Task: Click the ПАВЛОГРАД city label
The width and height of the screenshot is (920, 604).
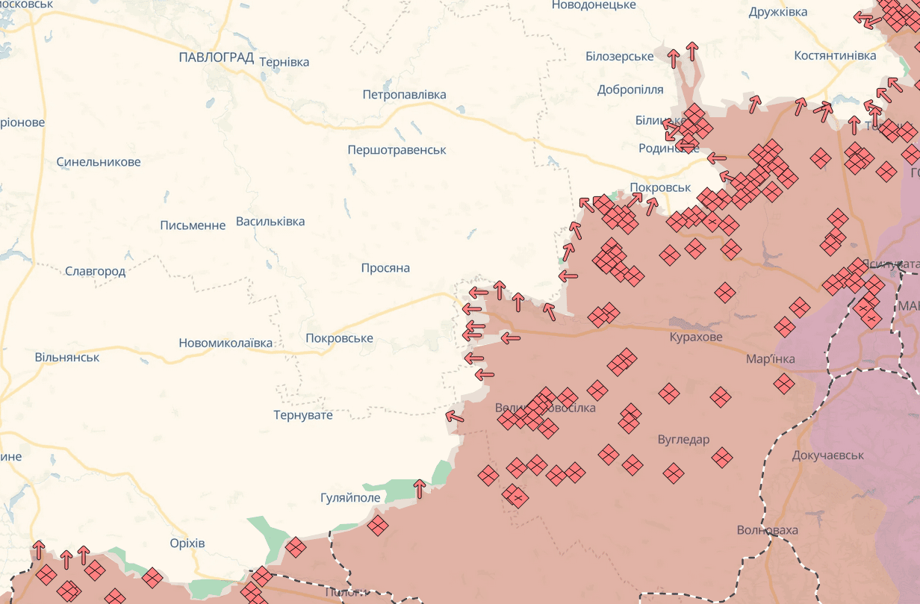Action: [x=217, y=57]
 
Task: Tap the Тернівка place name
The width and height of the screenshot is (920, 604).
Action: [x=284, y=62]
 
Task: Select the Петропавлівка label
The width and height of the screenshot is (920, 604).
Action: [x=404, y=95]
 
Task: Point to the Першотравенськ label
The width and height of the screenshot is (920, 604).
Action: [x=397, y=150]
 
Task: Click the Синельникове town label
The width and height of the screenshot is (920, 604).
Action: [x=99, y=162]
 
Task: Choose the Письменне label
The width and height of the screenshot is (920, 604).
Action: [x=193, y=225]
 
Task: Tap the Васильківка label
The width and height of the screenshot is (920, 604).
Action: [x=270, y=222]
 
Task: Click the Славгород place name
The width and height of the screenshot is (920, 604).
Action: [x=95, y=272]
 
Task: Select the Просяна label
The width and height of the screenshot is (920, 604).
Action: [x=385, y=268]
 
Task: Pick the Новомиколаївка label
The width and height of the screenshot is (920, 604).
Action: [x=226, y=343]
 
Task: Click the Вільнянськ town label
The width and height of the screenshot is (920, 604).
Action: [x=67, y=358]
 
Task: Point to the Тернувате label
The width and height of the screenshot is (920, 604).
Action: [x=303, y=415]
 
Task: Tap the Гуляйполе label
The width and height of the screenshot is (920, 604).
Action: [x=350, y=498]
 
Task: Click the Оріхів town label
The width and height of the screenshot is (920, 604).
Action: [x=187, y=543]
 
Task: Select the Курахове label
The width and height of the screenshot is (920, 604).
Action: [x=696, y=337]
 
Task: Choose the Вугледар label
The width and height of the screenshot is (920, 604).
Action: [x=683, y=440]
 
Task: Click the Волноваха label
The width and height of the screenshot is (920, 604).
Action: [x=767, y=531]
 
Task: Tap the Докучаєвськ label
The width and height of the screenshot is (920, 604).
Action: [x=827, y=455]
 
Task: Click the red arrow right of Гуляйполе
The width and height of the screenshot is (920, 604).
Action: [x=420, y=489]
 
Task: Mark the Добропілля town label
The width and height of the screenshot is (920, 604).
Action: [x=630, y=90]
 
